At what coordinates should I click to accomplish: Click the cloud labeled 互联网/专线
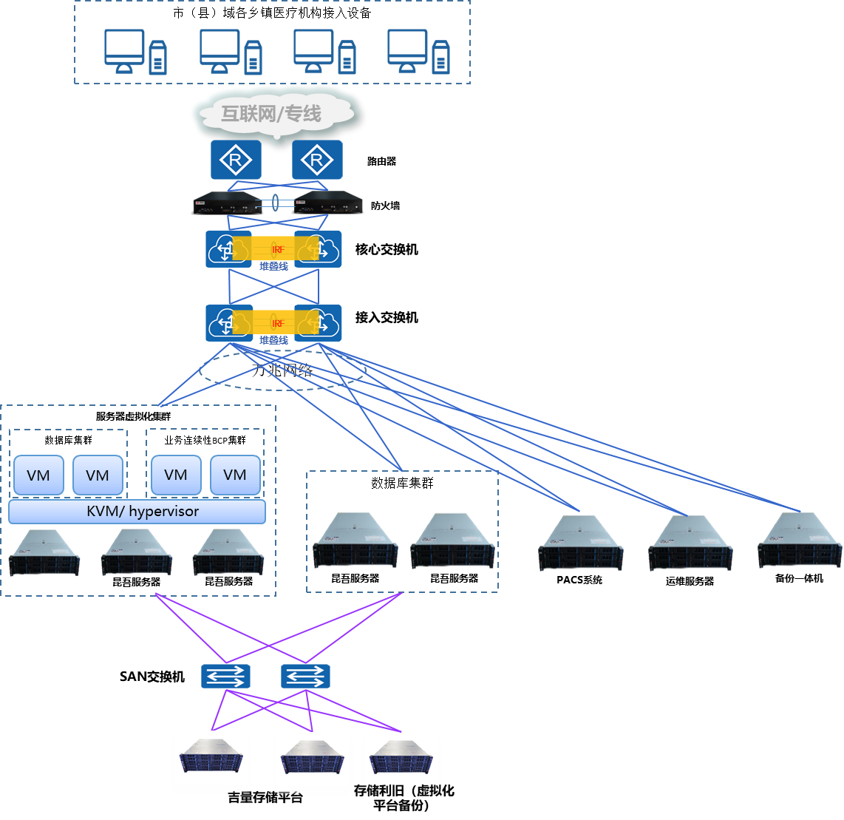(x=276, y=113)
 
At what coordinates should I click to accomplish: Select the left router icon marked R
(x=235, y=160)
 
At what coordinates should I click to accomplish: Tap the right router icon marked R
(x=317, y=160)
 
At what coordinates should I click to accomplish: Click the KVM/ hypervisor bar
(x=137, y=512)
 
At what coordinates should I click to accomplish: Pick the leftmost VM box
(x=38, y=475)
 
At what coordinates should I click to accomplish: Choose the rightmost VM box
(x=235, y=475)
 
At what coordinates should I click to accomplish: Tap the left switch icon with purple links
(x=225, y=676)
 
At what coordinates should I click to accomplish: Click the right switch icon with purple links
(x=305, y=676)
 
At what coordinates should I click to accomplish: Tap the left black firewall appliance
(x=226, y=203)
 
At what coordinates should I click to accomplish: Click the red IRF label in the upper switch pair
(x=278, y=250)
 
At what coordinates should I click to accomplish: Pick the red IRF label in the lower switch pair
(x=278, y=324)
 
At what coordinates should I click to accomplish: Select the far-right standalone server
(x=800, y=541)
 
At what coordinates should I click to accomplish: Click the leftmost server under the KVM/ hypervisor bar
(x=44, y=552)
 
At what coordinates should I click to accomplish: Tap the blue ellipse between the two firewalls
(x=275, y=203)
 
